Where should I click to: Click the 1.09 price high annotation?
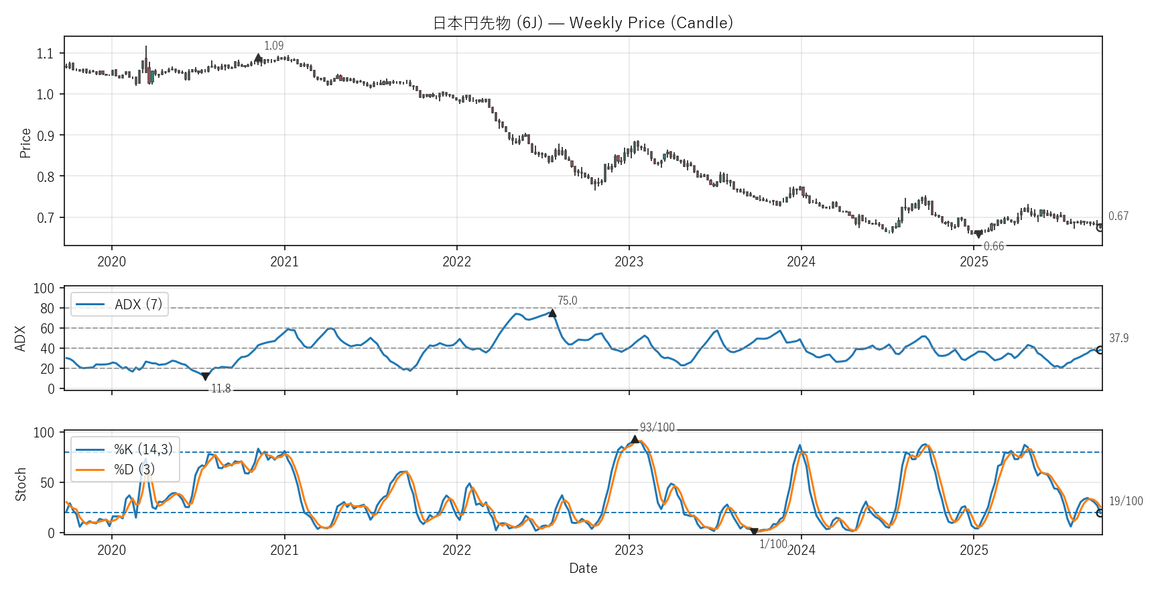tap(273, 46)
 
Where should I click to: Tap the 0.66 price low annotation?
tap(993, 246)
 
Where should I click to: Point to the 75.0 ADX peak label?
tap(567, 301)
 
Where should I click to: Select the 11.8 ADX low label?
tap(220, 389)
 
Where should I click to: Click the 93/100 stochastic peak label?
tap(657, 427)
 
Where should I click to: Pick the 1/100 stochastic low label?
tap(773, 544)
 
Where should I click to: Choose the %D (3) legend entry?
tap(134, 470)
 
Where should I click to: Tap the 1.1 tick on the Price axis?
tap(45, 54)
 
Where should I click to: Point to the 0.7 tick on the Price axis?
tap(45, 218)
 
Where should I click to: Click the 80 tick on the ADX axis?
tap(47, 309)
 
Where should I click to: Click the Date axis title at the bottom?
tap(583, 568)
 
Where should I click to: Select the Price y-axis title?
tap(25, 143)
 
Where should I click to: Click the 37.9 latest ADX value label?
tap(1118, 338)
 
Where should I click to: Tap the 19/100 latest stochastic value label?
tap(1126, 501)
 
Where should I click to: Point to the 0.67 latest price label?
tap(1118, 216)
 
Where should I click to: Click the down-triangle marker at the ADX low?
tap(205, 377)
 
